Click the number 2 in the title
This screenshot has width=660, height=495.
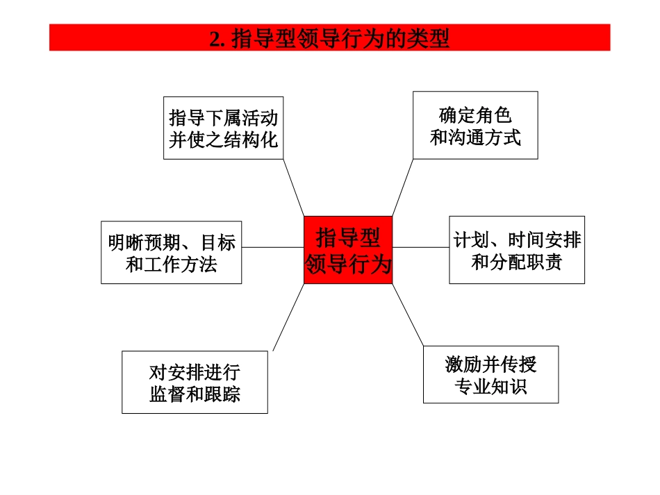(x=214, y=39)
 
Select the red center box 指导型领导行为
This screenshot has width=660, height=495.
(x=348, y=250)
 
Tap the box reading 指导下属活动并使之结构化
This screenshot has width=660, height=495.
(x=223, y=128)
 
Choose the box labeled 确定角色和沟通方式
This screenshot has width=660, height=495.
(x=475, y=126)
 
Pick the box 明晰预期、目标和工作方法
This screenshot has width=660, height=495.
(x=171, y=253)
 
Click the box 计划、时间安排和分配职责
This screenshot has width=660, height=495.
(x=516, y=250)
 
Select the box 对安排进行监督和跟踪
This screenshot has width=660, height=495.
(x=195, y=383)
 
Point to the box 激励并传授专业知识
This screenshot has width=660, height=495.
(x=490, y=375)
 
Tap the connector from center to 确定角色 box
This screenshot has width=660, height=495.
(x=403, y=187)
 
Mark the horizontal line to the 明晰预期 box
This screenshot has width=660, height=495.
(x=272, y=247)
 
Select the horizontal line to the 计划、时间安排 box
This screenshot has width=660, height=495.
(x=420, y=247)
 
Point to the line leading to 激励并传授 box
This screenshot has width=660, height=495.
(x=408, y=315)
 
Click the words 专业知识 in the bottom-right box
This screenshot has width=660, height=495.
(x=490, y=386)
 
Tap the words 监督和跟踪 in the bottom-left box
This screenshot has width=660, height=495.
(x=195, y=394)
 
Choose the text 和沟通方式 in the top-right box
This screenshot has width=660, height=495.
(x=475, y=137)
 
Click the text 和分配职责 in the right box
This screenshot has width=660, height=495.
(x=516, y=262)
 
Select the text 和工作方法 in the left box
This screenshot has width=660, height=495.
(x=171, y=265)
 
